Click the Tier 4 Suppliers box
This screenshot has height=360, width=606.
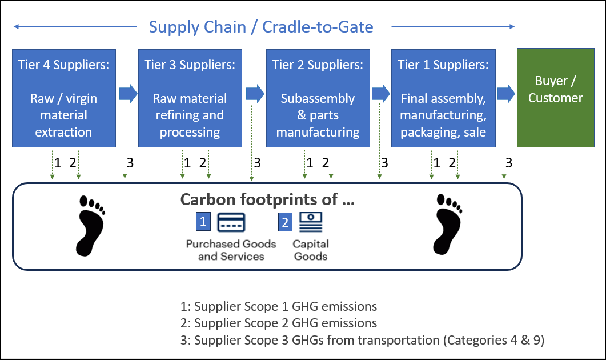click(x=64, y=98)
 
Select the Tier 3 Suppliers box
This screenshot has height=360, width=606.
click(x=190, y=98)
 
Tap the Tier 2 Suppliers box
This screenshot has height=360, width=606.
click(x=318, y=98)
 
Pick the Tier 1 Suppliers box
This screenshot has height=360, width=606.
click(x=443, y=98)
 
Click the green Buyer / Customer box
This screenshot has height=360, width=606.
click(x=556, y=98)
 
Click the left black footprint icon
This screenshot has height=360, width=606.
click(x=90, y=226)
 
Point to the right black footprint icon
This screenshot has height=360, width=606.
click(x=448, y=224)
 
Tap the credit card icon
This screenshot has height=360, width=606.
click(x=231, y=222)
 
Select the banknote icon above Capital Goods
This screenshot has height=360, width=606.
click(x=311, y=222)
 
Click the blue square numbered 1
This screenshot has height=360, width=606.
click(x=203, y=221)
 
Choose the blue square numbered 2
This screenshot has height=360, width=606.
click(x=285, y=222)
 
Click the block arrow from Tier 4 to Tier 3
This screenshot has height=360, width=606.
click(x=129, y=94)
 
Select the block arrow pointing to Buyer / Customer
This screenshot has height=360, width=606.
click(x=506, y=94)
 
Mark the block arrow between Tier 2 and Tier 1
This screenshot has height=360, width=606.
click(x=381, y=94)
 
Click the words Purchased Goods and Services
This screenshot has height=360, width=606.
click(x=231, y=250)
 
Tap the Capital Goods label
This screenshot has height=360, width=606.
click(x=311, y=250)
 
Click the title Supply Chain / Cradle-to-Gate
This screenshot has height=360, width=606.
click(x=261, y=27)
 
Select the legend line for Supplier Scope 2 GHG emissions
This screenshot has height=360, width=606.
click(x=279, y=323)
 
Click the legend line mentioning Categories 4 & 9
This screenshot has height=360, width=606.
click(x=363, y=340)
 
